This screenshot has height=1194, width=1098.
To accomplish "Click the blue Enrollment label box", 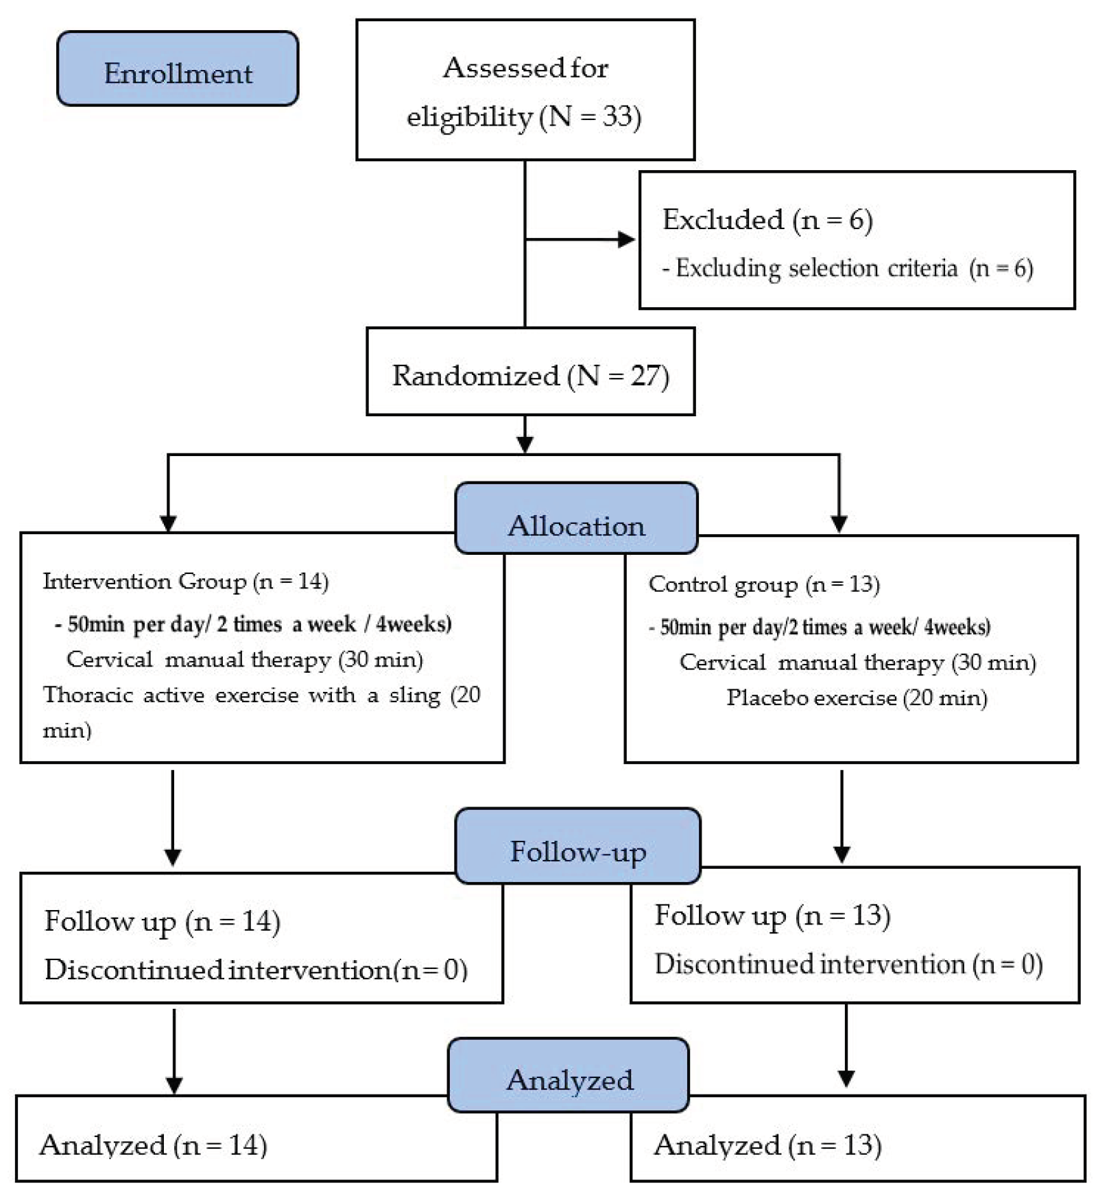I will click(x=178, y=69).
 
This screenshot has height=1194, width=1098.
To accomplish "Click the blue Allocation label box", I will click(x=576, y=518).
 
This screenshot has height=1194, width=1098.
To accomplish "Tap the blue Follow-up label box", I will click(x=577, y=845).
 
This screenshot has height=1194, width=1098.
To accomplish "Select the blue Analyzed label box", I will click(x=569, y=1074).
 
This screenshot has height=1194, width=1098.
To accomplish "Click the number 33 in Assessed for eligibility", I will click(x=617, y=116).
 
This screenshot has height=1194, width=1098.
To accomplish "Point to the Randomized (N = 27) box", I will click(x=530, y=372).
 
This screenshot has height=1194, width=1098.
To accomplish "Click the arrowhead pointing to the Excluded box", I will click(x=626, y=239).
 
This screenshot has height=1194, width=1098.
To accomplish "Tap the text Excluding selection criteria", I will click(x=816, y=268).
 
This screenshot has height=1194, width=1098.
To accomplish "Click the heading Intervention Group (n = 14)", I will click(x=185, y=582).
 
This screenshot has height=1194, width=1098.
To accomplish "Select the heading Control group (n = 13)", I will click(x=763, y=584).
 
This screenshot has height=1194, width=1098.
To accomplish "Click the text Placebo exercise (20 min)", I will click(x=857, y=698).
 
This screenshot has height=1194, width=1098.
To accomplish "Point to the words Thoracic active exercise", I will click(x=171, y=695).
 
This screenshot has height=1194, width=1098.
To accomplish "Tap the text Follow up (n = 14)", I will click(x=162, y=921).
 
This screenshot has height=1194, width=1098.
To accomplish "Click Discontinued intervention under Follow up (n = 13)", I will click(x=809, y=964).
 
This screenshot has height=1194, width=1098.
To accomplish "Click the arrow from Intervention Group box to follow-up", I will click(x=173, y=816).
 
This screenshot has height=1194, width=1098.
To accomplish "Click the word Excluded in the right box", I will click(x=722, y=220).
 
